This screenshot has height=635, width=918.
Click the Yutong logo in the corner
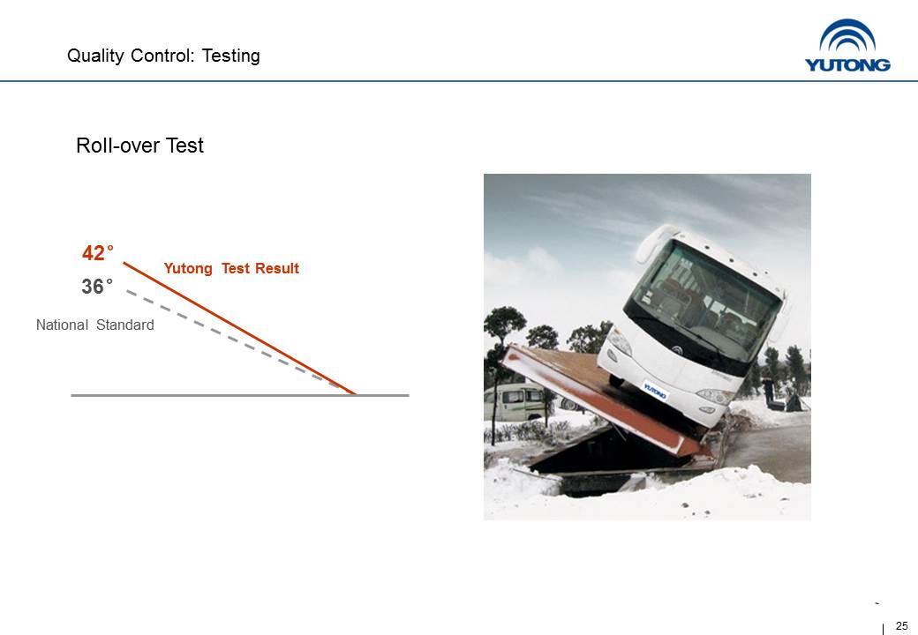coord(847,46)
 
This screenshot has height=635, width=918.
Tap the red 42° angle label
coord(98,253)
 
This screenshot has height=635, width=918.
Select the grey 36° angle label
coord(96,287)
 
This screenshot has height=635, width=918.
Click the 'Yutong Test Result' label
coord(231,268)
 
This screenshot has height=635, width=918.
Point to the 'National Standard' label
coord(94,325)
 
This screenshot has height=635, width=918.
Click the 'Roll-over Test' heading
coord(140,146)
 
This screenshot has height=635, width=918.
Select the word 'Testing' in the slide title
coord(230,56)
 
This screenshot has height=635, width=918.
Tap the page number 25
coord(901,625)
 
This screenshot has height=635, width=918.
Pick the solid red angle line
coord(239,329)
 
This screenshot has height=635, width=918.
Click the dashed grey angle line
coord(232,339)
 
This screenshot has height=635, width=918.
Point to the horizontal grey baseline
coord(240,396)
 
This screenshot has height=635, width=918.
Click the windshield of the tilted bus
coord(706,296)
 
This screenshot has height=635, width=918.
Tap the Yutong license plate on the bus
coord(655,391)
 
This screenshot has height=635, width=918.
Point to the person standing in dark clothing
coord(768,392)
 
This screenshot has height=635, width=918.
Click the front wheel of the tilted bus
coord(616,381)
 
